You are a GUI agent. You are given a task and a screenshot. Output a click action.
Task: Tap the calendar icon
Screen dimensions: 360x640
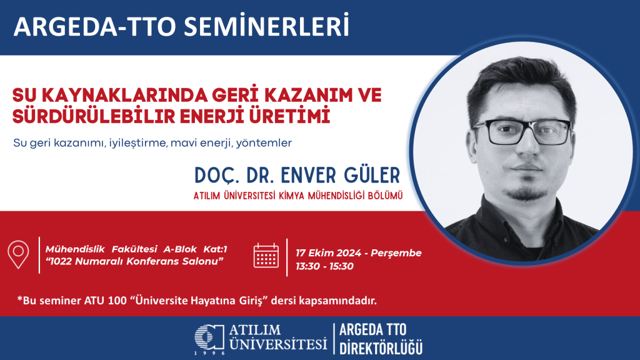pos(266,255)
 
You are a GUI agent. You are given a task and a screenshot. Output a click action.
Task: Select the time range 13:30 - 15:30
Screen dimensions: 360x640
pos(325,266)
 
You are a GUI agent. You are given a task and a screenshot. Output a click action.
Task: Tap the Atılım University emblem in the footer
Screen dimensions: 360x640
pos(208,337)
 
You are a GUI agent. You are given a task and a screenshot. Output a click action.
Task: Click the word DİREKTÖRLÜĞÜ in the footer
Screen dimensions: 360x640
pos(381,346)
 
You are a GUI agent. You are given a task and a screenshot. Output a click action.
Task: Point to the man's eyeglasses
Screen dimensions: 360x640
pos(522,130)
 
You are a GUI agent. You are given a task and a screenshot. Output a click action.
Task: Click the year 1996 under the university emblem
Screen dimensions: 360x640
pos(208,353)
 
